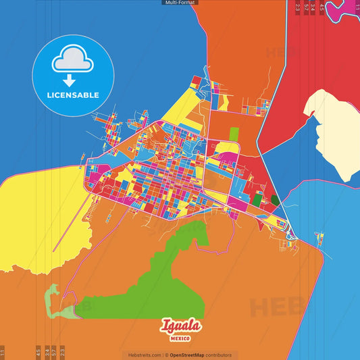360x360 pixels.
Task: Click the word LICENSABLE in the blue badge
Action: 73,95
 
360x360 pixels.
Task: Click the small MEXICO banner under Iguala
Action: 180,338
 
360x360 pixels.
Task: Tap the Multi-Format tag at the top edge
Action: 180,3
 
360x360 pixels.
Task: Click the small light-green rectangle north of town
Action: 234,134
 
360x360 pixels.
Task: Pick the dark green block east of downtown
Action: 275,200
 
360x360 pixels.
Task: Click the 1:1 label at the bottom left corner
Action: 3,352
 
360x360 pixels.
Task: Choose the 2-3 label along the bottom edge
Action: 63,351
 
